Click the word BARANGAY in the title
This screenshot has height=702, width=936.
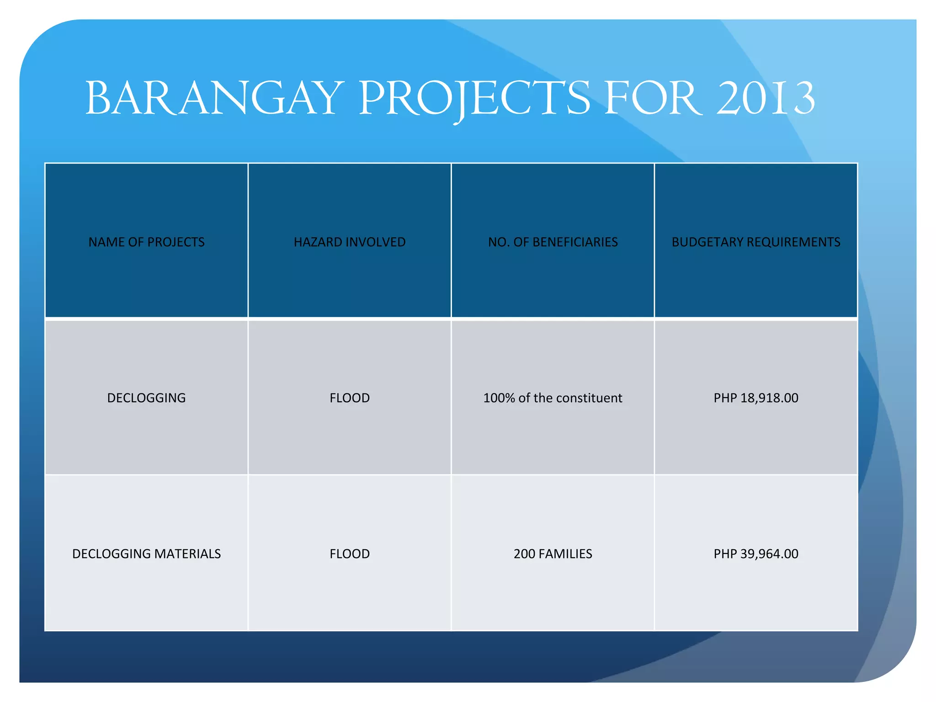[x=214, y=99]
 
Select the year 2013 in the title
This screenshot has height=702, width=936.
[x=765, y=99]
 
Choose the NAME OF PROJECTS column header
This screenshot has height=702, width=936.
[x=146, y=242]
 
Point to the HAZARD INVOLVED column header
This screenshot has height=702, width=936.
[x=350, y=242]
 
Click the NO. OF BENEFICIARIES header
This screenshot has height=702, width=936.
[x=553, y=242]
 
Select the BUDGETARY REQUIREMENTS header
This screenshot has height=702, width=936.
[x=756, y=242]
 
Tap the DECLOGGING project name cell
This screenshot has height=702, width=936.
[x=146, y=398]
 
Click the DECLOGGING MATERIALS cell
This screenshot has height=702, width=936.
[x=146, y=553]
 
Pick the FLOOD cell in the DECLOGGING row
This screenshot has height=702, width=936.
[x=350, y=398]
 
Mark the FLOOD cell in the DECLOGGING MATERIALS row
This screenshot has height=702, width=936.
[x=350, y=553]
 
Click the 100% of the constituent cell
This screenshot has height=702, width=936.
[x=553, y=398]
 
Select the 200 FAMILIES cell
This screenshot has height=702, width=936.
[x=553, y=553]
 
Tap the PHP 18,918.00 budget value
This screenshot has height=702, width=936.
[x=756, y=398]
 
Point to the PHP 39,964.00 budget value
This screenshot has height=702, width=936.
[x=756, y=553]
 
